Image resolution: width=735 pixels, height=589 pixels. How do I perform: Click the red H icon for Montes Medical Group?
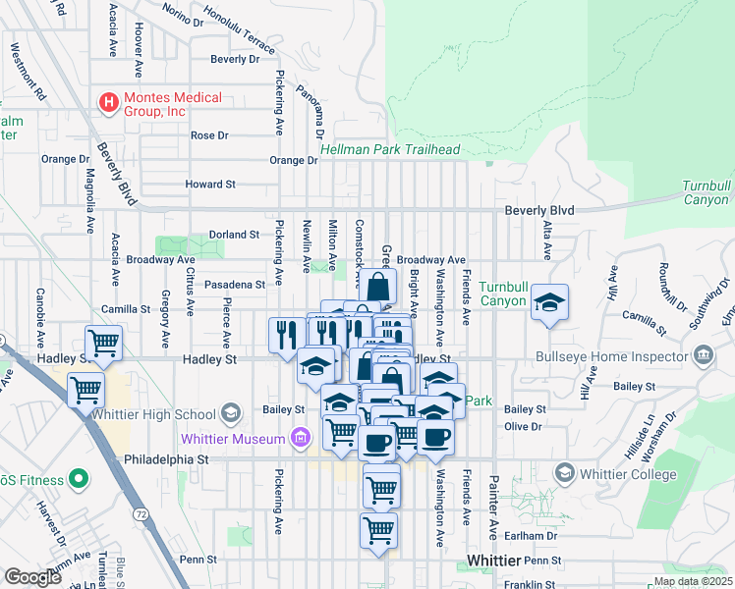coord(107,101)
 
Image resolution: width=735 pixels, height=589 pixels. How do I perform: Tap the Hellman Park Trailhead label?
coord(390,149)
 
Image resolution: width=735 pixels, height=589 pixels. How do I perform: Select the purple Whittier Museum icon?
coord(302,439)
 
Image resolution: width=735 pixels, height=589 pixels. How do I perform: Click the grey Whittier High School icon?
coord(232,411)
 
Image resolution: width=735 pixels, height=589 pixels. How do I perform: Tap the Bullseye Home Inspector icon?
coord(703,354)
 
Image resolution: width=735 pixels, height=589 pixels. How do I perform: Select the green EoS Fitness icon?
coord(78,480)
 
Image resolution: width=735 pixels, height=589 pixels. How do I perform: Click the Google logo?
coord(32,577)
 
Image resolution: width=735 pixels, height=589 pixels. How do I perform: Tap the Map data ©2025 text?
coord(692,581)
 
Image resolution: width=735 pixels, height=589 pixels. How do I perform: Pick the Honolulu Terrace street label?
coord(239,31)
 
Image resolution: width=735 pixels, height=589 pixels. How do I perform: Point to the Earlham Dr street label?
coord(537,536)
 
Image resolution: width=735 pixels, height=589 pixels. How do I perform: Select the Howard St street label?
coord(210,184)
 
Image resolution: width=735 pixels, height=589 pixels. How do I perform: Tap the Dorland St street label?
coord(233,235)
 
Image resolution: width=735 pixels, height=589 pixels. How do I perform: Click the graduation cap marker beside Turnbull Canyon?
coord(550,304)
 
